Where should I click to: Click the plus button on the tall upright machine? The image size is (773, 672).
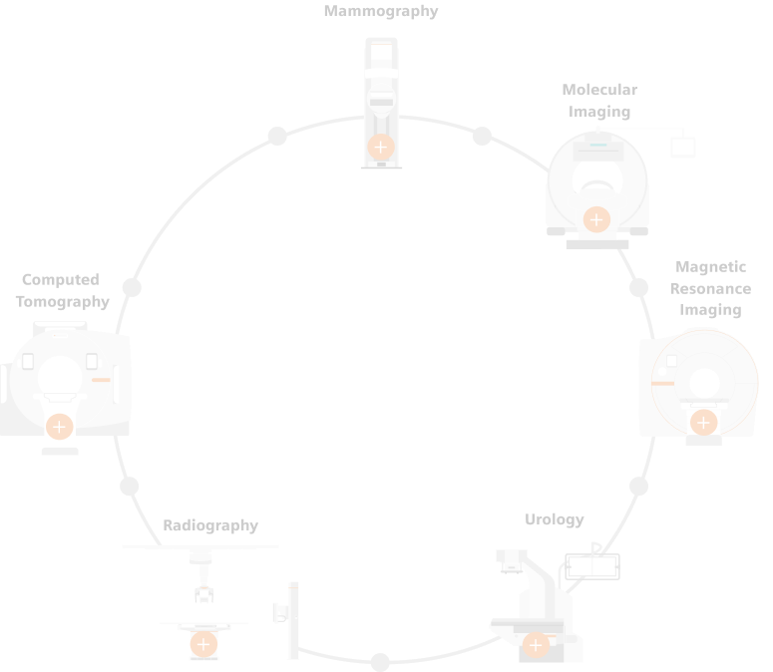380,147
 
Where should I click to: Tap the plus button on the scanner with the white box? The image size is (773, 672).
596,219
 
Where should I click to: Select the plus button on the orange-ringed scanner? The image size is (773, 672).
703,423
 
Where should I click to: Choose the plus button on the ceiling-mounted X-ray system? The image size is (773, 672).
203,644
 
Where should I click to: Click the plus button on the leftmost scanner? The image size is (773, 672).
59,427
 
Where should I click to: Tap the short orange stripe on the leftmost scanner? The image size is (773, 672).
101,380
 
